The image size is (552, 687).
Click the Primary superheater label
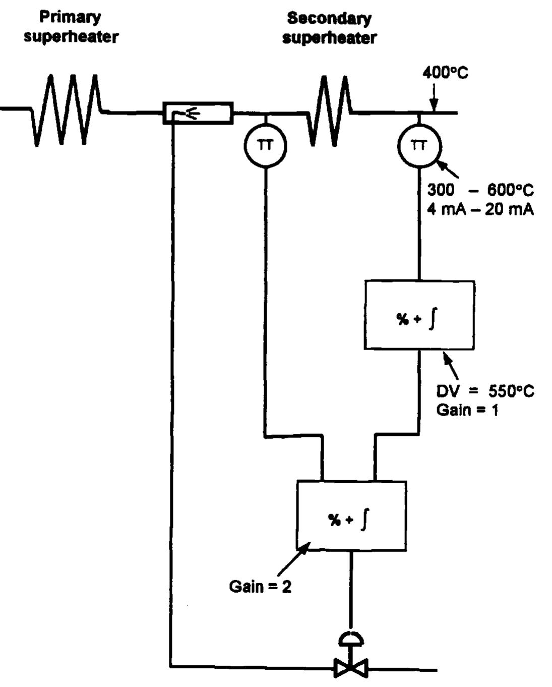[x=71, y=27]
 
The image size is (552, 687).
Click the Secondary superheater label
[x=329, y=28]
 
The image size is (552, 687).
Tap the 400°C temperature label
[x=445, y=73]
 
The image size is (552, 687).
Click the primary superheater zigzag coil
[x=66, y=110]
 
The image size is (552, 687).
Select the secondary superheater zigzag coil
[x=330, y=111]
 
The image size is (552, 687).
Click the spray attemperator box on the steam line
[x=198, y=113]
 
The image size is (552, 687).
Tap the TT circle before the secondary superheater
[x=265, y=146]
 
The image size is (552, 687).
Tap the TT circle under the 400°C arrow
[x=419, y=146]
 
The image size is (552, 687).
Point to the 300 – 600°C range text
[x=480, y=190]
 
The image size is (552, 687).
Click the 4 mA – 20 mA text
[x=480, y=209]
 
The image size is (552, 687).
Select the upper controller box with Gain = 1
[x=419, y=315]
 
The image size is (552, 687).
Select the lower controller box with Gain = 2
[x=351, y=516]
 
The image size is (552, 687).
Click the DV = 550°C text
[x=485, y=391]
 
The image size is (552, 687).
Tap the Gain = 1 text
[x=467, y=410]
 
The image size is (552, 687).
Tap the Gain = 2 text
[x=260, y=587]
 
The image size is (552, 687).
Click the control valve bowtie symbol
[x=351, y=669]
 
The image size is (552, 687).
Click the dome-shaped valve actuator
[x=351, y=639]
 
